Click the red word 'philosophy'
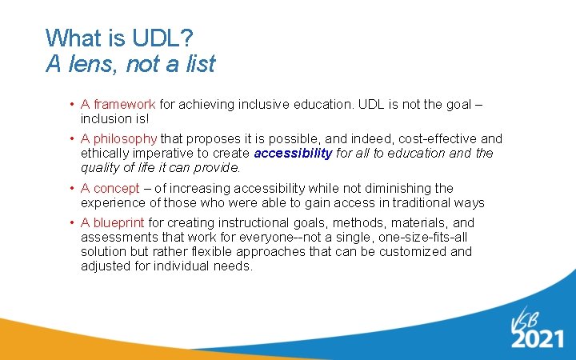click(126, 138)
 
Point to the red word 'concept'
click(118, 188)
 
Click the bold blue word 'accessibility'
click(293, 154)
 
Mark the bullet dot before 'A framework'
click(72, 105)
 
